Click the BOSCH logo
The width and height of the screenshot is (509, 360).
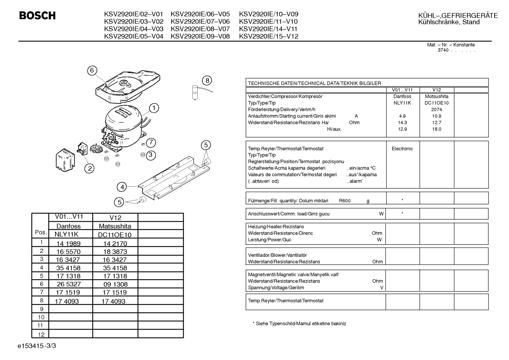[x=37, y=16]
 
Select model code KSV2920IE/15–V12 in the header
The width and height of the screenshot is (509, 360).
[x=269, y=36]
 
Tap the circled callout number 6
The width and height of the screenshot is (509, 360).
[x=92, y=71]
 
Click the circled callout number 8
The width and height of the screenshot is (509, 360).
[x=207, y=81]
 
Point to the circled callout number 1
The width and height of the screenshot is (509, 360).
[x=154, y=108]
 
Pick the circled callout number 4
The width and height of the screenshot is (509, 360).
[x=122, y=187]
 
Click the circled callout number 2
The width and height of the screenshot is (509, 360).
[x=90, y=169]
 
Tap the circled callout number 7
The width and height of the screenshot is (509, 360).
[x=151, y=143]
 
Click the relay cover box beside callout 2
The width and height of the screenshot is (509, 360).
[x=65, y=160]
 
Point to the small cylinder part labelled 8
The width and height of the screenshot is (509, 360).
[x=195, y=92]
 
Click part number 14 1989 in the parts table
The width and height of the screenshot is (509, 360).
[x=68, y=243]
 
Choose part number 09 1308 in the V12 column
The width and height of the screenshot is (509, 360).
[x=115, y=284]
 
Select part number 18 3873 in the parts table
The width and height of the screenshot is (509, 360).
[x=115, y=252]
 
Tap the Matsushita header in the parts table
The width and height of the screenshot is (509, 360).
[x=115, y=226]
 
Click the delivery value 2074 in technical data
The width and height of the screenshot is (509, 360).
[x=437, y=110]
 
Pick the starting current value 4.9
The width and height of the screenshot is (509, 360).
[x=402, y=116]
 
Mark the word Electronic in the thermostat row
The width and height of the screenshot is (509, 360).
[x=402, y=149]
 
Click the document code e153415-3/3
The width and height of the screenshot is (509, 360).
[x=37, y=346]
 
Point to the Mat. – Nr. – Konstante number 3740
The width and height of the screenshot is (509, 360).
[x=443, y=50]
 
